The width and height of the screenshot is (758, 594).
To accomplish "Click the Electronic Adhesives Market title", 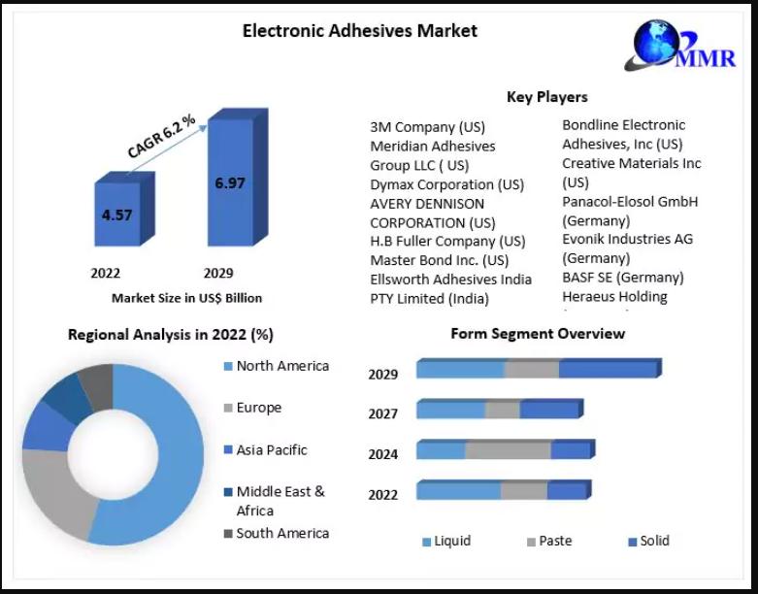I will click(x=359, y=31).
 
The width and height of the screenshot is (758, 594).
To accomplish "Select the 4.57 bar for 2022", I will click(x=116, y=214).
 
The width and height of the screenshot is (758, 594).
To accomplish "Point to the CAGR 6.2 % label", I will click(x=161, y=137).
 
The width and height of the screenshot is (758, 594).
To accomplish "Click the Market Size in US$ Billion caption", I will click(x=186, y=298).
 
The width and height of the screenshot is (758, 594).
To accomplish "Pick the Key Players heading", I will click(x=546, y=97).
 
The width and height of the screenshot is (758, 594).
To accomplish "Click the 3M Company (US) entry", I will click(x=427, y=127).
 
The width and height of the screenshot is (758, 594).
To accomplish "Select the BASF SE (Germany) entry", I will click(x=622, y=278).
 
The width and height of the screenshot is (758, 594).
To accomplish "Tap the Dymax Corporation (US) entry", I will click(x=446, y=184).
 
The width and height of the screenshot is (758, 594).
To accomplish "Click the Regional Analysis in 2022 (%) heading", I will click(x=170, y=335).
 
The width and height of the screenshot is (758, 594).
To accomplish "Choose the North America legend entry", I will click(x=281, y=366).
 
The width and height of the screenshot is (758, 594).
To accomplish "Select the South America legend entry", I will click(x=281, y=533).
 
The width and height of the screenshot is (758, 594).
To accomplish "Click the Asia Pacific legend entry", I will click(x=271, y=450).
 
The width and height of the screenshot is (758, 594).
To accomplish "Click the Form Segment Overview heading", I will click(x=538, y=334).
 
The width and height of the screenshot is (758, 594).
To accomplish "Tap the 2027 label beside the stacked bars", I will click(x=382, y=413).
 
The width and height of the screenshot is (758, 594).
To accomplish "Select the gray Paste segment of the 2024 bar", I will click(x=508, y=450).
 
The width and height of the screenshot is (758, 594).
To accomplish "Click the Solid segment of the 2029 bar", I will click(x=608, y=370).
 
